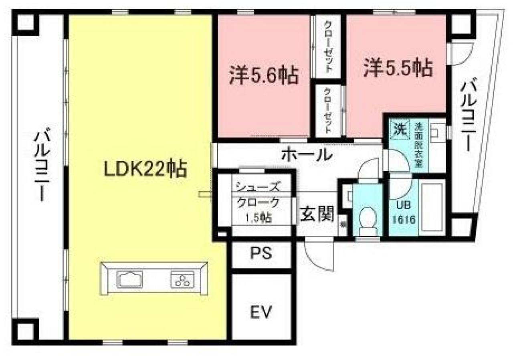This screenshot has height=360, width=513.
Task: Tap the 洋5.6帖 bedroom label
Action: pyautogui.click(x=263, y=75)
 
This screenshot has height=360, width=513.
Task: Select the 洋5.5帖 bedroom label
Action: pyautogui.click(x=398, y=68)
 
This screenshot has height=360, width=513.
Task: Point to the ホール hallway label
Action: pyautogui.click(x=307, y=154)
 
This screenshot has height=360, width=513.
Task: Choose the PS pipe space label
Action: pyautogui.click(x=261, y=254)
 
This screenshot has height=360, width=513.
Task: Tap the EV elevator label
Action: pyautogui.click(x=261, y=311)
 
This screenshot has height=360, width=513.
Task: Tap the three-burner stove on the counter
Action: pyautogui.click(x=183, y=279)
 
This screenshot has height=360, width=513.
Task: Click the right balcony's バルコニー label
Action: pyautogui.click(x=467, y=116)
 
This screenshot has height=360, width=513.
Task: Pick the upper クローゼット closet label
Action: pyautogui.click(x=328, y=46)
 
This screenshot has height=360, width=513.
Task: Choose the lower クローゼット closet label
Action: pyautogui.click(x=328, y=111)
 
